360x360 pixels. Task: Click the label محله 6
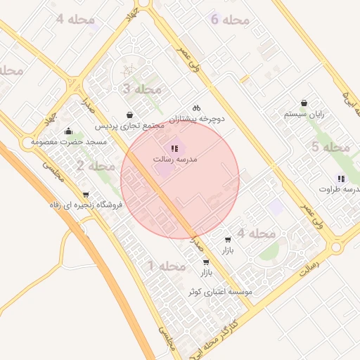pyautogui.click(x=230, y=20)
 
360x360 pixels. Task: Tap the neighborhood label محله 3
pyautogui.click(x=142, y=89)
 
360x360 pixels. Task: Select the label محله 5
pyautogui.click(x=331, y=147)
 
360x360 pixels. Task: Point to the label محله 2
pyautogui.click(x=96, y=166)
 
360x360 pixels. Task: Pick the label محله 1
pyautogui.click(x=167, y=266)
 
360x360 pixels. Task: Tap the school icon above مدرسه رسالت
pyautogui.click(x=174, y=148)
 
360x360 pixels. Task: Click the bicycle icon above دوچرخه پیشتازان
pyautogui.click(x=197, y=108)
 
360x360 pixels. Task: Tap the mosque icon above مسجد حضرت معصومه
pyautogui.click(x=68, y=131)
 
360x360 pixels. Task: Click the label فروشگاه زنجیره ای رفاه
pyautogui.click(x=86, y=205)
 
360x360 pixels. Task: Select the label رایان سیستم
pyautogui.click(x=304, y=114)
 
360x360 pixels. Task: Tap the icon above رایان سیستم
pyautogui.click(x=304, y=103)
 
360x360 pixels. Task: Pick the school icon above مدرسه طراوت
pyautogui.click(x=341, y=179)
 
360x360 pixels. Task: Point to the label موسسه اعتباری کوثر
pyautogui.click(x=219, y=291)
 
